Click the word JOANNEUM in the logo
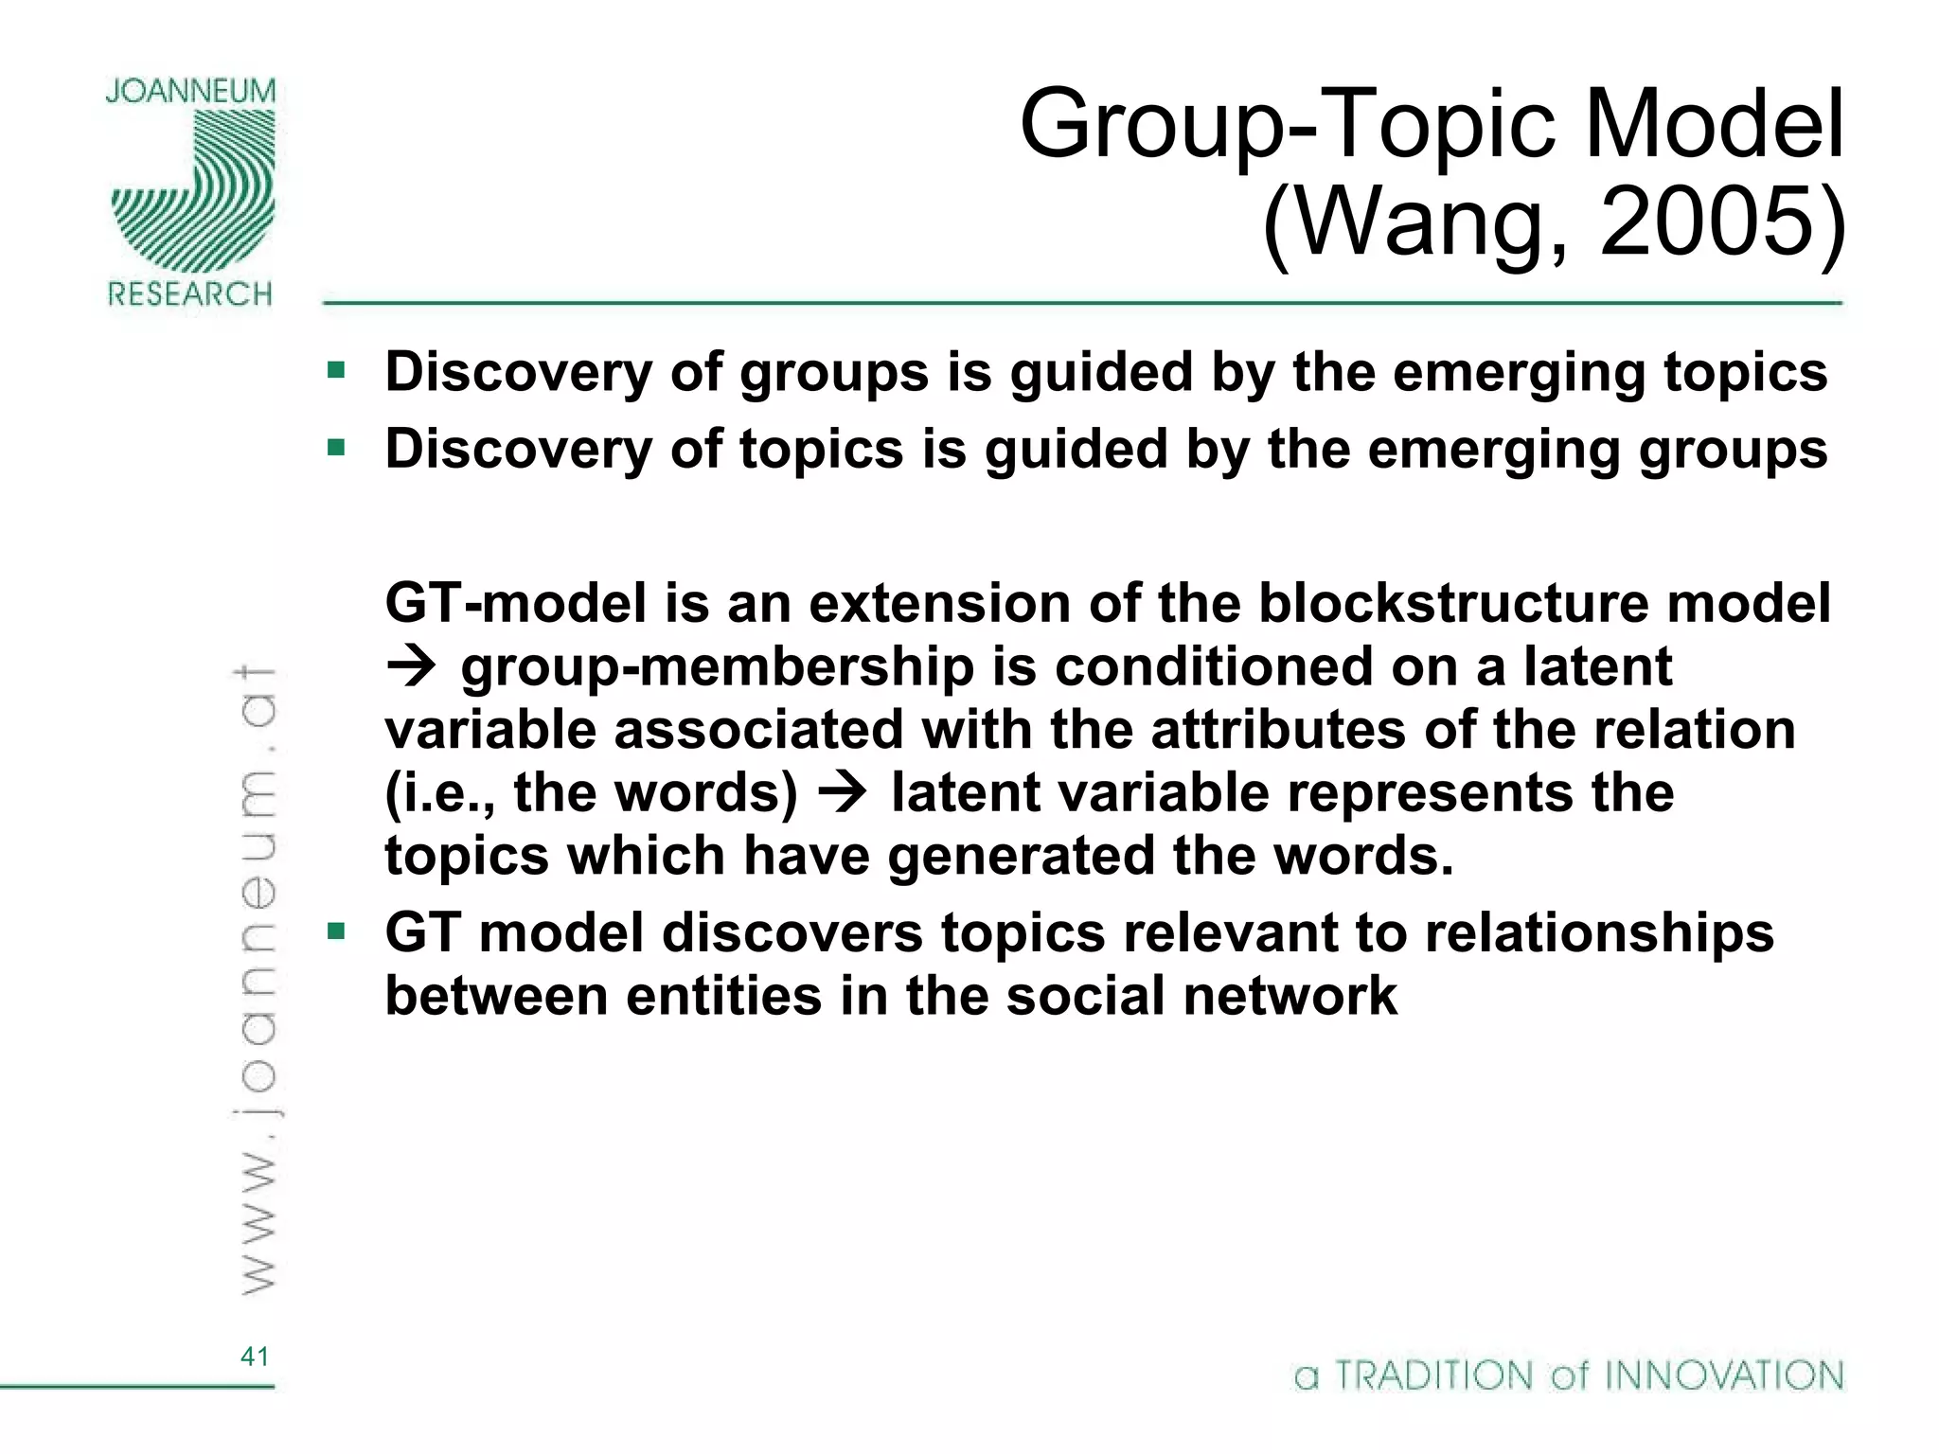coord(190,92)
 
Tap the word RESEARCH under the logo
coord(190,294)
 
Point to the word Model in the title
coord(1714,124)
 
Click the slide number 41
coord(255,1356)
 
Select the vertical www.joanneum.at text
coord(256,980)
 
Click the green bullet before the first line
coord(336,370)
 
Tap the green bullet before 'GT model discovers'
coord(336,931)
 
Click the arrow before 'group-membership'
coord(411,667)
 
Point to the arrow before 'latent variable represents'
coord(842,793)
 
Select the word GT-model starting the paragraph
coord(515,603)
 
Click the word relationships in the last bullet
coord(1599,932)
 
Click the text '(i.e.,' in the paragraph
coord(439,793)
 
